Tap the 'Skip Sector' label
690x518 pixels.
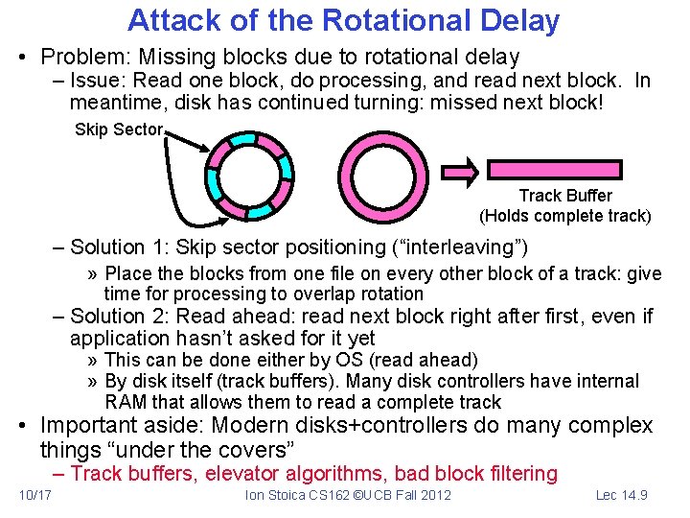pos(119,129)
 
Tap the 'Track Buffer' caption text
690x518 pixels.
pos(565,196)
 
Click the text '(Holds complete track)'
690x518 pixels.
pos(565,216)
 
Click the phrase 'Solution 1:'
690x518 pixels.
pos(120,248)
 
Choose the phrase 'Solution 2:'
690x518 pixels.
pos(120,317)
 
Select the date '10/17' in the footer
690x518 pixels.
pos(35,495)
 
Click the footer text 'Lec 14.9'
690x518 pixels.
pos(622,495)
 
